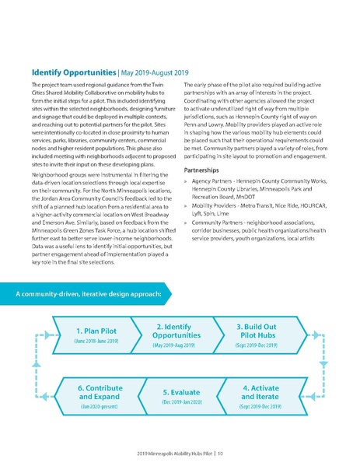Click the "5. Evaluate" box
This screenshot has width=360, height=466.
(181, 396)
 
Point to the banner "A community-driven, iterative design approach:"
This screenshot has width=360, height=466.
(89, 294)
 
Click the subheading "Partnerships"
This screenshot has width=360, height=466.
(204, 169)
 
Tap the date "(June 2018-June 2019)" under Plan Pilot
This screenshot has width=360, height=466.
(96, 341)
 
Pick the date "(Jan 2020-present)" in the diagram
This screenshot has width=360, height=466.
(100, 406)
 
